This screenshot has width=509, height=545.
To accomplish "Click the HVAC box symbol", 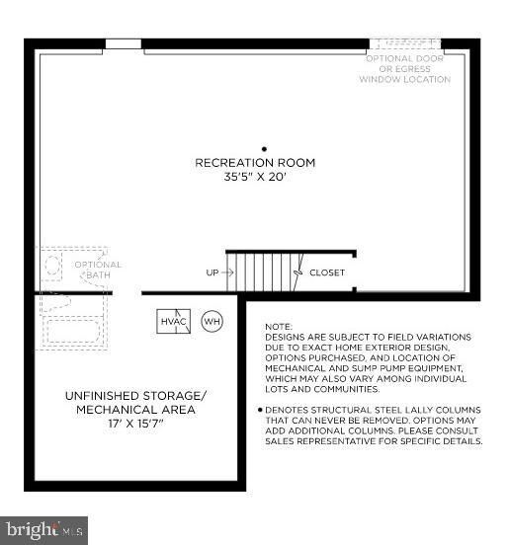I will pyautogui.click(x=172, y=322).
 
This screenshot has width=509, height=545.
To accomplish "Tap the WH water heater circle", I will pyautogui.click(x=212, y=322).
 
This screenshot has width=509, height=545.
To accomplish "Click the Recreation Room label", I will pyautogui.click(x=264, y=163).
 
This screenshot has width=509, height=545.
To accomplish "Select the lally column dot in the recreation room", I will pyautogui.click(x=264, y=148).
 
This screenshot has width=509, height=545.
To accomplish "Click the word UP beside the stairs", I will pyautogui.click(x=212, y=272).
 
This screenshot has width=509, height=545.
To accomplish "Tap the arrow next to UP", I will pyautogui.click(x=227, y=272).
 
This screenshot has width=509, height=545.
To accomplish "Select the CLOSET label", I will pyautogui.click(x=327, y=272).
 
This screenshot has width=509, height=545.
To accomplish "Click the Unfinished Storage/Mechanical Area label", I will pyautogui.click(x=130, y=403).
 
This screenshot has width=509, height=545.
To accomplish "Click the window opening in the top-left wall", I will pyautogui.click(x=124, y=44).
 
